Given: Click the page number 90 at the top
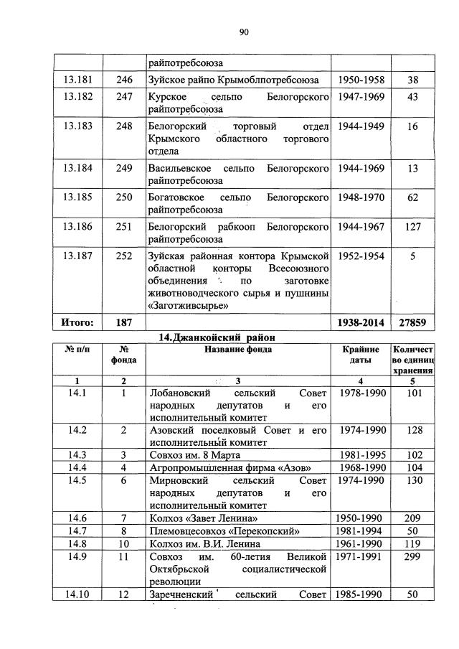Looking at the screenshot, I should tap(243, 31).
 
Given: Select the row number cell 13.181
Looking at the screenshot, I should tap(79, 80).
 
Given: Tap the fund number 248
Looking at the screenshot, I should tap(124, 126).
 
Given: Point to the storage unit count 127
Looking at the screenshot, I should tap(412, 226).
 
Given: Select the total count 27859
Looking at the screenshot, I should tap(412, 323).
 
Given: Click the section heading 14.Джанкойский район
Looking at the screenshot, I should tap(217, 337).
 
